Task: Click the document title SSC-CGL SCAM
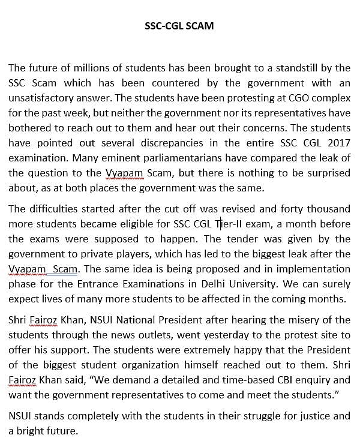(x=179, y=26)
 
